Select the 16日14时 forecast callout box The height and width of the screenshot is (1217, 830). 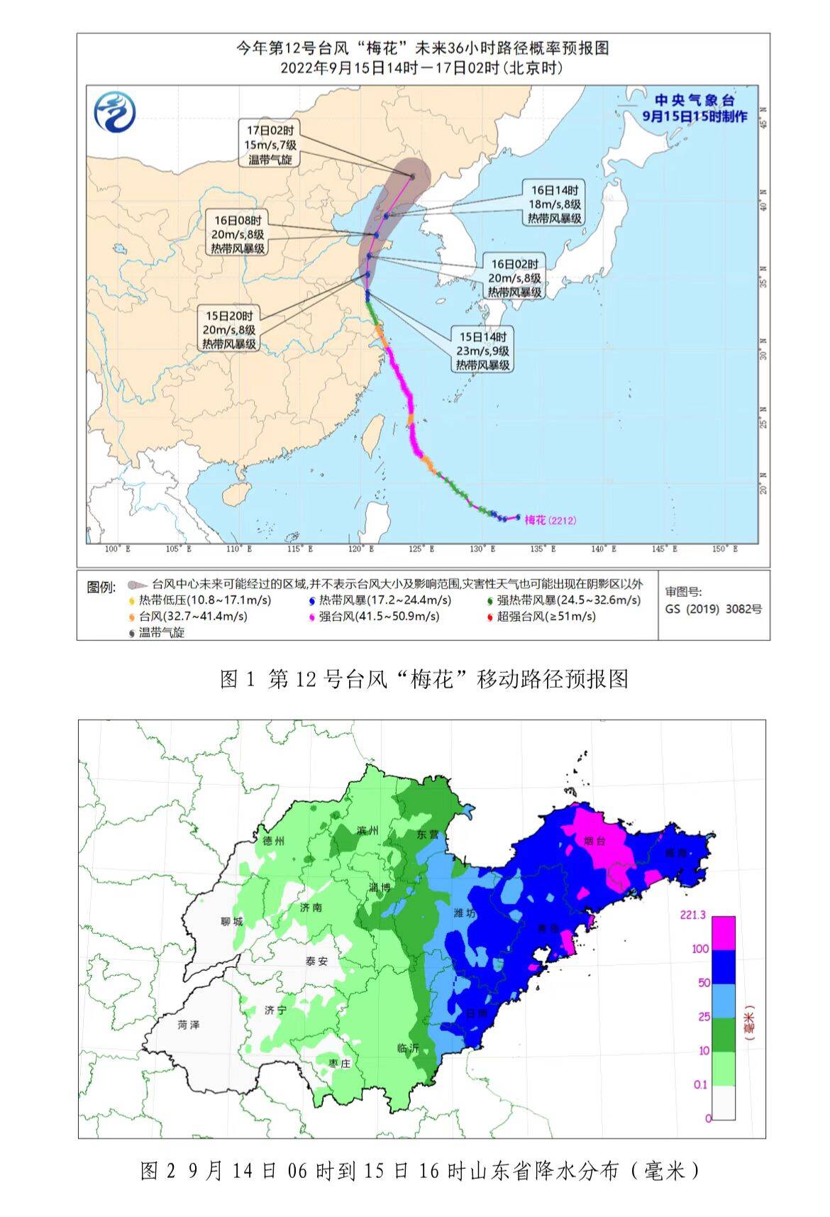pyautogui.click(x=555, y=204)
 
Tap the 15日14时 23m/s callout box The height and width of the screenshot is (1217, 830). pyautogui.click(x=482, y=351)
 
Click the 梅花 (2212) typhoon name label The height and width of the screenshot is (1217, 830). pyautogui.click(x=550, y=520)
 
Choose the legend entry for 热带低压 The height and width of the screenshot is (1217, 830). pyautogui.click(x=200, y=600)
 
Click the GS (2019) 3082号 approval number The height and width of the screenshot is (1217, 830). pyautogui.click(x=713, y=609)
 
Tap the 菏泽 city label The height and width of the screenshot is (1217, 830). pyautogui.click(x=189, y=1025)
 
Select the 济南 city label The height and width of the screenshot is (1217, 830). pyautogui.click(x=311, y=907)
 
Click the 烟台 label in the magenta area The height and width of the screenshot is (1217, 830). pyautogui.click(x=594, y=840)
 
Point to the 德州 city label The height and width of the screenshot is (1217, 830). pyautogui.click(x=273, y=841)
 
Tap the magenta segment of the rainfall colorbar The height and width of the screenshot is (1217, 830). pyautogui.click(x=724, y=933)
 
